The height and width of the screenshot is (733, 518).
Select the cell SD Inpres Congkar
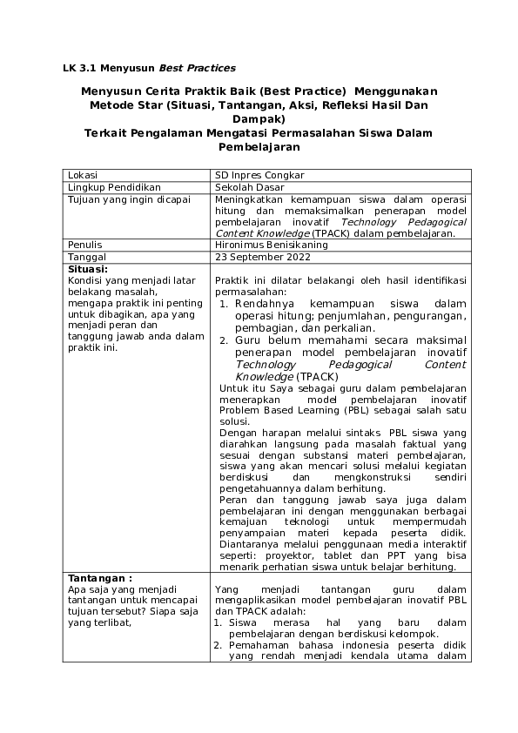click(259, 175)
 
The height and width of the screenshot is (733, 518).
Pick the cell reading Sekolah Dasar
click(251, 187)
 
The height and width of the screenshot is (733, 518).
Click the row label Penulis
click(85, 245)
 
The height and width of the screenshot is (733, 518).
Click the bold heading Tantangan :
click(99, 577)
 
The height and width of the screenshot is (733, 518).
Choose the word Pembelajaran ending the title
click(259, 147)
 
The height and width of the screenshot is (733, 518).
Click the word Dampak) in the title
click(259, 118)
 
